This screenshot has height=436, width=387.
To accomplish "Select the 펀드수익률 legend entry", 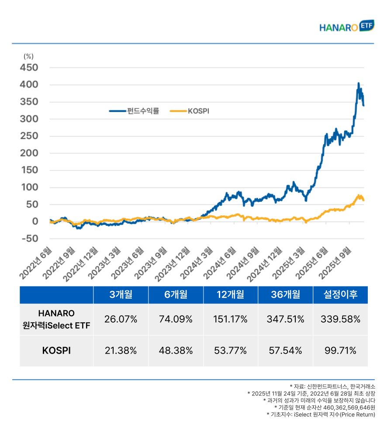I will pos(134,111).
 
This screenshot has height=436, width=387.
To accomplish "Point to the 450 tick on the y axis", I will pos(29,68).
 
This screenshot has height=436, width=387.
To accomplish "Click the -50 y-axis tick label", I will pos(29,239).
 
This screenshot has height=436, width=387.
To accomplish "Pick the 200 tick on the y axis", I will pos(29,153).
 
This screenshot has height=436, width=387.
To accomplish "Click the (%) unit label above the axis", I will pos(28,56).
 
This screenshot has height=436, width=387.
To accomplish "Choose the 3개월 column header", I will pos(121,295).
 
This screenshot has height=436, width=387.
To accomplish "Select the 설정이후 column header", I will pos(341,295).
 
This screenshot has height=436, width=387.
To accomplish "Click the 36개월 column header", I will pos(285,295).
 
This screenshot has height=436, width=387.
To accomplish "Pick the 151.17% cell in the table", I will pos(231,319).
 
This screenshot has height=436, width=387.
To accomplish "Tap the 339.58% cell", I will pos(341,319).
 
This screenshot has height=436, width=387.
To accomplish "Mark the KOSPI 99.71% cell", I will pos(341,351).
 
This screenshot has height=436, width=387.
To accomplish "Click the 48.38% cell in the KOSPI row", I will pos(176,351).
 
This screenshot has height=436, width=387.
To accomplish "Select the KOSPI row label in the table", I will pos(56,351).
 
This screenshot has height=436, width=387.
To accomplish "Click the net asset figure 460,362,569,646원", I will pos(342,407).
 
